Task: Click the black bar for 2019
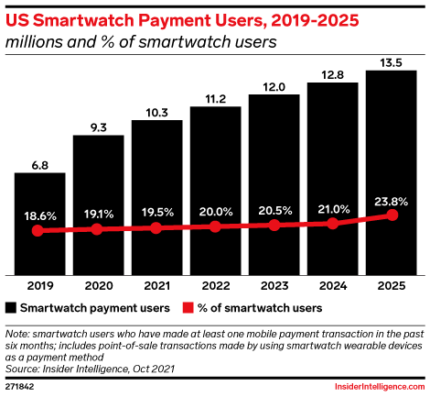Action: pos(40,224)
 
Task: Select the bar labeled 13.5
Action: pos(392,173)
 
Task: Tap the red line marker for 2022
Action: pos(215,226)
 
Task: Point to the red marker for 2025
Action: pos(392,215)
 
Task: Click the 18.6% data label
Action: pos(40,216)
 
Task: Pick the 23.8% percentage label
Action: pos(391,202)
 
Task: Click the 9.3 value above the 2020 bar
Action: pos(99,127)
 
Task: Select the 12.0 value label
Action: pos(274,87)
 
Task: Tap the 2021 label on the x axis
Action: pos(156,286)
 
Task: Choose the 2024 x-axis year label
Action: pos(333,286)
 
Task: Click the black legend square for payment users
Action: pos(11,308)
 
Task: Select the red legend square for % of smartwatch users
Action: pos(188,308)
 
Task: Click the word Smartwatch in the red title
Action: pos(83,21)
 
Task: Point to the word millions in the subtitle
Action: pos(34,41)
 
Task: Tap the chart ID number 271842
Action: pos(19,387)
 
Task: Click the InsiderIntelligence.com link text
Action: pos(380,387)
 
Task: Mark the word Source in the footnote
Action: pos(22,369)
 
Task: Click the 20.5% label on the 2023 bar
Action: pos(275,211)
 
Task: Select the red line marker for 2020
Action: pos(97,229)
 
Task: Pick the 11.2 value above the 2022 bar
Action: pos(216,99)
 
